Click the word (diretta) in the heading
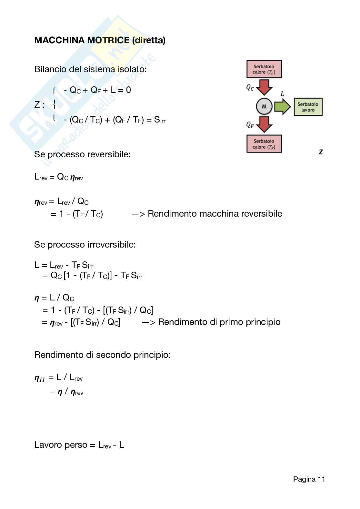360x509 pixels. click(x=148, y=40)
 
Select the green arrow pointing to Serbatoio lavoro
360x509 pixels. click(x=283, y=107)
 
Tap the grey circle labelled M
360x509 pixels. click(x=264, y=106)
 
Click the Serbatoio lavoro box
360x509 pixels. click(x=308, y=107)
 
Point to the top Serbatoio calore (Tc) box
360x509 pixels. click(x=264, y=69)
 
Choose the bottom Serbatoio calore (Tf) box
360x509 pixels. click(x=264, y=144)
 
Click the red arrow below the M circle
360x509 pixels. click(x=264, y=124)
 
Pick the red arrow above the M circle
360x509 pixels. click(x=264, y=87)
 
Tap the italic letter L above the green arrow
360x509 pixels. click(x=282, y=94)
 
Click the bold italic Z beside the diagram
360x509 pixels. click(x=321, y=152)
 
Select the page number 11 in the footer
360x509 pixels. click(x=321, y=479)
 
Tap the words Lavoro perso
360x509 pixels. click(x=61, y=445)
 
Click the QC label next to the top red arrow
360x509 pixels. click(x=250, y=87)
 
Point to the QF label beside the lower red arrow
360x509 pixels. click(x=250, y=125)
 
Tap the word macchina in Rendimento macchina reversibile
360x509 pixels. click(x=218, y=214)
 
